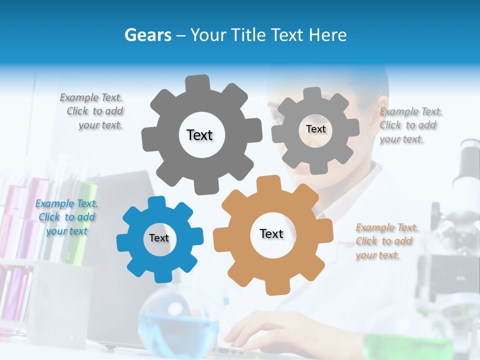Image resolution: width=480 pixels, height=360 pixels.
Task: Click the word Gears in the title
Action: click(x=147, y=35)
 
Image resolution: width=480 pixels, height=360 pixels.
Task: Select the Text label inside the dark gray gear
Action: click(x=199, y=135)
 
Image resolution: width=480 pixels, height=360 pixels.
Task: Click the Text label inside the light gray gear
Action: click(x=315, y=129)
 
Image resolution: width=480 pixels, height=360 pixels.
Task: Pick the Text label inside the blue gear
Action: click(x=159, y=238)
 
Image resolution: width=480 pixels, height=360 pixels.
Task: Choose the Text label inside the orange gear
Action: click(x=271, y=233)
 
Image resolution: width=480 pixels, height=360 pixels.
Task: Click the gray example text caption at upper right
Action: click(x=410, y=125)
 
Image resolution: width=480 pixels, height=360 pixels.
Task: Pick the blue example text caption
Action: click(x=66, y=217)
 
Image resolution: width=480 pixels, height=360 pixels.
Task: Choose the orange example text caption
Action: click(x=386, y=241)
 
